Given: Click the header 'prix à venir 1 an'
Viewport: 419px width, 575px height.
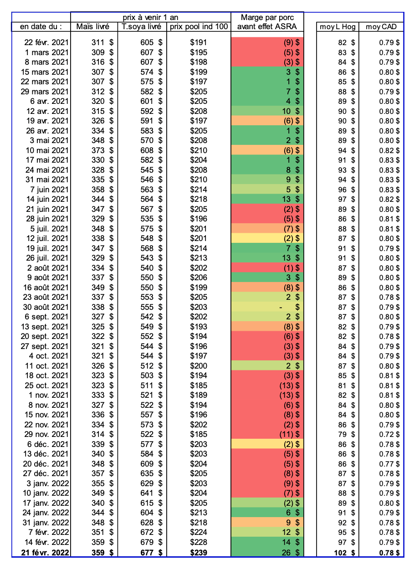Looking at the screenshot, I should [151, 17].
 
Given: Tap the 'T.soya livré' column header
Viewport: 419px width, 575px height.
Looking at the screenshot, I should [142, 27].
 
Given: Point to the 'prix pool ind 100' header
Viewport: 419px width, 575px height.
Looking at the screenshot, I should [199, 27].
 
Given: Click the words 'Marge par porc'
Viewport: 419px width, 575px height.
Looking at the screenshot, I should [268, 17].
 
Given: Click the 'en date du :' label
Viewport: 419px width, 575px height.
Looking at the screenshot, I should [41, 27].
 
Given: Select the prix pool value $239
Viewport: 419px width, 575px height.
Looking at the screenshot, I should [199, 553].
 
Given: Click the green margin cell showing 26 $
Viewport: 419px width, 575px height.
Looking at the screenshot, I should [268, 553].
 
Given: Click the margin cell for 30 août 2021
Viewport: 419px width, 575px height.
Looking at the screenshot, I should [268, 307].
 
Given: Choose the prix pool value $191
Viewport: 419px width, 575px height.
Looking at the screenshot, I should [199, 42].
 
